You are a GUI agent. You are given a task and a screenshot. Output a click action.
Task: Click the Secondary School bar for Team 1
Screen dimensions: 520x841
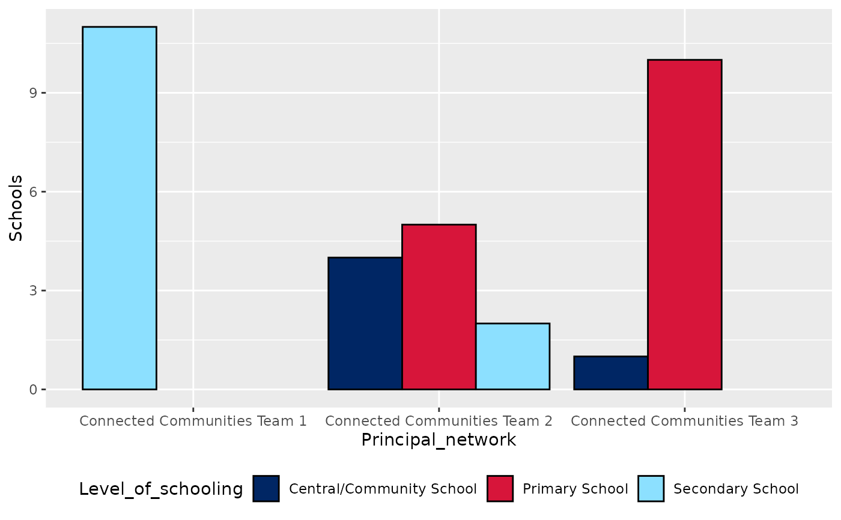pos(119,208)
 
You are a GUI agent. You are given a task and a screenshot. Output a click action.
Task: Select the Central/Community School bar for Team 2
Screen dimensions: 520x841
pos(365,323)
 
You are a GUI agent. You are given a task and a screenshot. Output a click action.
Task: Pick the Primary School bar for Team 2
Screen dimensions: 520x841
pos(439,307)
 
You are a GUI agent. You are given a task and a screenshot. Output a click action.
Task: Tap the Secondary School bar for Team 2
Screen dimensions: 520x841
pos(512,356)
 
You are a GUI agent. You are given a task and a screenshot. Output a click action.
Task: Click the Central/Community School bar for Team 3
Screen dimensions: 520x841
pos(610,373)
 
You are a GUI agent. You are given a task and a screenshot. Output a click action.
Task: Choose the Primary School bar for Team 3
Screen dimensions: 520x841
pos(684,225)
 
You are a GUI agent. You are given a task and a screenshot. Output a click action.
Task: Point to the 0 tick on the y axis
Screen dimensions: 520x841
pos(34,390)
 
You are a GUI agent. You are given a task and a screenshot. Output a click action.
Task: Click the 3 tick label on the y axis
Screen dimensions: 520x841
pos(34,291)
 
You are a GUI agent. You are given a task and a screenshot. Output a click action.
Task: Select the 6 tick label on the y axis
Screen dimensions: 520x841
pos(34,192)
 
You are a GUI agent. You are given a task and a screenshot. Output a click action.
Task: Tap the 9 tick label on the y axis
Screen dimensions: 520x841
pos(34,93)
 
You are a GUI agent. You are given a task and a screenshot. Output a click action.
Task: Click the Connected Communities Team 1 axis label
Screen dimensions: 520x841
pos(193,421)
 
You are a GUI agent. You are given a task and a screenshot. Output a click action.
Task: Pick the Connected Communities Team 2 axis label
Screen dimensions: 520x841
pos(439,421)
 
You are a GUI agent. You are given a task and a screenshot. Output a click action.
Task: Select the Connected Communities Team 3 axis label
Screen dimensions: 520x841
pos(684,421)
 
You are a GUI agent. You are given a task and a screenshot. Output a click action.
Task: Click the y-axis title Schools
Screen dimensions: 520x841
pos(17,208)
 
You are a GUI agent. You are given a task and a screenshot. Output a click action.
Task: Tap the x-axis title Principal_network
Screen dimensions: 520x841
pos(439,440)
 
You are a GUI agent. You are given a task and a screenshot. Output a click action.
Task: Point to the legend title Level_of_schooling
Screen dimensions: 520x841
pos(161,489)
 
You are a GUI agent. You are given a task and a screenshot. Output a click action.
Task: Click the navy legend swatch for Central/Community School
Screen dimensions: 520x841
pos(266,489)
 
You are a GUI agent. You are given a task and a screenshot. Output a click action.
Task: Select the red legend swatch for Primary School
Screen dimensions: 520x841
pos(500,489)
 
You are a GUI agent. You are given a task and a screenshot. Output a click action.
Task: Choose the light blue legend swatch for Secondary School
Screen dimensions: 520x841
pos(651,489)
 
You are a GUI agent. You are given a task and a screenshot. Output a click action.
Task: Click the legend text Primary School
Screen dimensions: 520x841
pos(575,489)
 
